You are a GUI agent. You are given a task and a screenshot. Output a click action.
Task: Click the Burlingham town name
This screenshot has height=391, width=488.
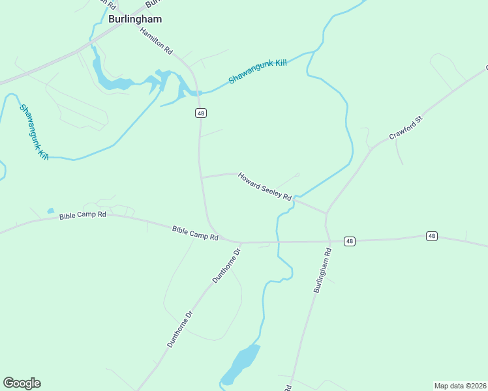[135, 19]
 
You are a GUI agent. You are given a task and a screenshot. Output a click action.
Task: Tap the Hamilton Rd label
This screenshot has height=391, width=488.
[157, 40]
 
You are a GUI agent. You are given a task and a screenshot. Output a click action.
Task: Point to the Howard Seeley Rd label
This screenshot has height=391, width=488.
[264, 186]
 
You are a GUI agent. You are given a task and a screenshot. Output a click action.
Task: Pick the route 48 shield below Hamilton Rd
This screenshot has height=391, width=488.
[200, 113]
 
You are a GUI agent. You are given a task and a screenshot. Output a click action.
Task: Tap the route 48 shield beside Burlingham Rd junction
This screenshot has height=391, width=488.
[350, 241]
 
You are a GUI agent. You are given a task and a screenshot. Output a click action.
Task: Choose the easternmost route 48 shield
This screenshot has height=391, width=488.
[431, 235]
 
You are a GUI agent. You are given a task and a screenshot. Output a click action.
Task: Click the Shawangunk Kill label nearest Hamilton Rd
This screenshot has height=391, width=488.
[258, 72]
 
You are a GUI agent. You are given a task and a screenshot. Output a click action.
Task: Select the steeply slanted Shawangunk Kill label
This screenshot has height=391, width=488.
[35, 132]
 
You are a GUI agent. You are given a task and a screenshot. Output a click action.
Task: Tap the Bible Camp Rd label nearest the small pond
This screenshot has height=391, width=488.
[82, 215]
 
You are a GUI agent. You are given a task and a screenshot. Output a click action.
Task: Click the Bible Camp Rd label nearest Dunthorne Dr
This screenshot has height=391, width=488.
[195, 233]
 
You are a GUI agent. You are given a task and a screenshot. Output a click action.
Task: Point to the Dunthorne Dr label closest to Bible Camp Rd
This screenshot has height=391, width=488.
[226, 265]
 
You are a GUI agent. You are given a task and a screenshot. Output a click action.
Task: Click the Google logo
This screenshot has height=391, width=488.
[22, 383]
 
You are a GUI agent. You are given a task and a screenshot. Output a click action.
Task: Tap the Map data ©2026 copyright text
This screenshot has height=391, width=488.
[460, 386]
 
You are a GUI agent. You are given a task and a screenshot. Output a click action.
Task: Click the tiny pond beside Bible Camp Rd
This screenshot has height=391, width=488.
[50, 210]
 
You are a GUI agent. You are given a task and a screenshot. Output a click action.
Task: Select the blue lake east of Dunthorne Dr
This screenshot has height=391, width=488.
[241, 363]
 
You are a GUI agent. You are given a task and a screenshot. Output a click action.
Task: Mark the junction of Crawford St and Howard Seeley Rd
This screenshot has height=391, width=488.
[326, 213]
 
